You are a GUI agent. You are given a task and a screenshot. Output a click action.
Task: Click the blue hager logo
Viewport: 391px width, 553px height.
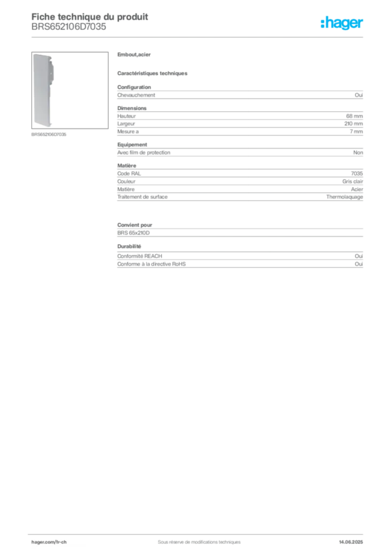(x=342, y=24)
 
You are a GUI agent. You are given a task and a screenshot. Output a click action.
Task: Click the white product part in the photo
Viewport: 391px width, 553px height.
(x=43, y=90)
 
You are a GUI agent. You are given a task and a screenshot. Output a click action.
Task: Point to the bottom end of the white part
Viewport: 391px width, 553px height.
(x=43, y=124)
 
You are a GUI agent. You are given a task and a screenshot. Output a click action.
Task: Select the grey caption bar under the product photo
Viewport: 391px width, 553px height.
(x=49, y=134)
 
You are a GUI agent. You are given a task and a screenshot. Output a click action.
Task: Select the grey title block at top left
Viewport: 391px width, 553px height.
(x=89, y=22)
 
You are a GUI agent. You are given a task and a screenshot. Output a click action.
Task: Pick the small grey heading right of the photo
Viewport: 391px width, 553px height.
(x=136, y=55)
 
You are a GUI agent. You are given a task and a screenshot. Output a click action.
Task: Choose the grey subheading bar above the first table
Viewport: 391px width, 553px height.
(x=153, y=73)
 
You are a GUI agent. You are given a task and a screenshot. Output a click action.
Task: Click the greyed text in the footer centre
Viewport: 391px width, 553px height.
(x=194, y=538)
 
